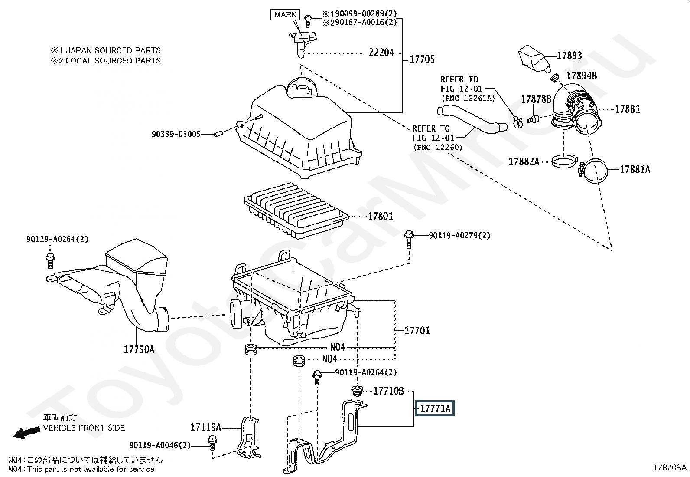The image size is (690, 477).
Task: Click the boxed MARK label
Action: coord(285,14)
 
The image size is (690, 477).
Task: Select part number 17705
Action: coord(422,59)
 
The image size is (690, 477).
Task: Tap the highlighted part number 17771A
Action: coord(435,408)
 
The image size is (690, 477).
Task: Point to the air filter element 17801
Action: coord(296,211)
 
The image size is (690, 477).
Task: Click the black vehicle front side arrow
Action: coord(26,433)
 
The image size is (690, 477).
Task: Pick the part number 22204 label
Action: coord(381,53)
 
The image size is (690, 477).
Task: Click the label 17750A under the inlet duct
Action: coord(139,349)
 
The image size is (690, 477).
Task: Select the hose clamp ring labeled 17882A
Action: coord(564,161)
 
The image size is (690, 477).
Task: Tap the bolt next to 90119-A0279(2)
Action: coord(408,239)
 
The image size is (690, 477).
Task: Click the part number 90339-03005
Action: coord(176,134)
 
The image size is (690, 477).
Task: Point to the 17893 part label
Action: coord(569,56)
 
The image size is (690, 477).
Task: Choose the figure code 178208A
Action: coord(670,468)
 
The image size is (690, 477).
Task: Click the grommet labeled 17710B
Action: coord(357,391)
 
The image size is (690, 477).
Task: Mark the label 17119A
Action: coord(205,427)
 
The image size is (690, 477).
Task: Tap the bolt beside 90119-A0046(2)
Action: coord(212,443)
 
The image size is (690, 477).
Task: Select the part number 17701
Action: coord(417,331)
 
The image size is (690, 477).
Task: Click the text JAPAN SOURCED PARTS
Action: coord(114,50)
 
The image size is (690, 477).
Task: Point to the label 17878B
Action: coord(536,99)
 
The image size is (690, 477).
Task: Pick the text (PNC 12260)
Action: coord(438,148)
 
